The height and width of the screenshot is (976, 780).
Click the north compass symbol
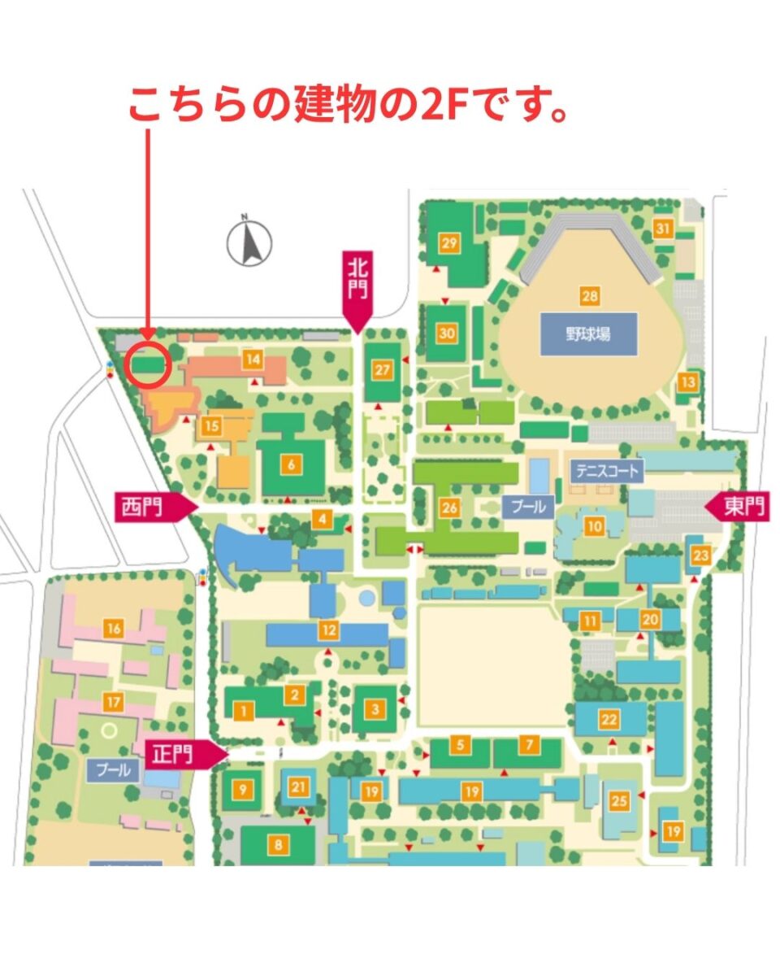(249, 242)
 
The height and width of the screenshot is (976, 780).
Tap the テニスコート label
(608, 470)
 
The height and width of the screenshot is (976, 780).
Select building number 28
(589, 296)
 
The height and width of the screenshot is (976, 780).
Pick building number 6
(290, 465)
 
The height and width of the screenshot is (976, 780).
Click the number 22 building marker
(609, 719)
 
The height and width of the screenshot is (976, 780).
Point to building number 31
(664, 229)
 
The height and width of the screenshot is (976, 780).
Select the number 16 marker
(114, 627)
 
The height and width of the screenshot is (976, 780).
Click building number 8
(279, 845)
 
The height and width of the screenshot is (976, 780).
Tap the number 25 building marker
(620, 800)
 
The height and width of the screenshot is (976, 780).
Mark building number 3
(375, 709)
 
